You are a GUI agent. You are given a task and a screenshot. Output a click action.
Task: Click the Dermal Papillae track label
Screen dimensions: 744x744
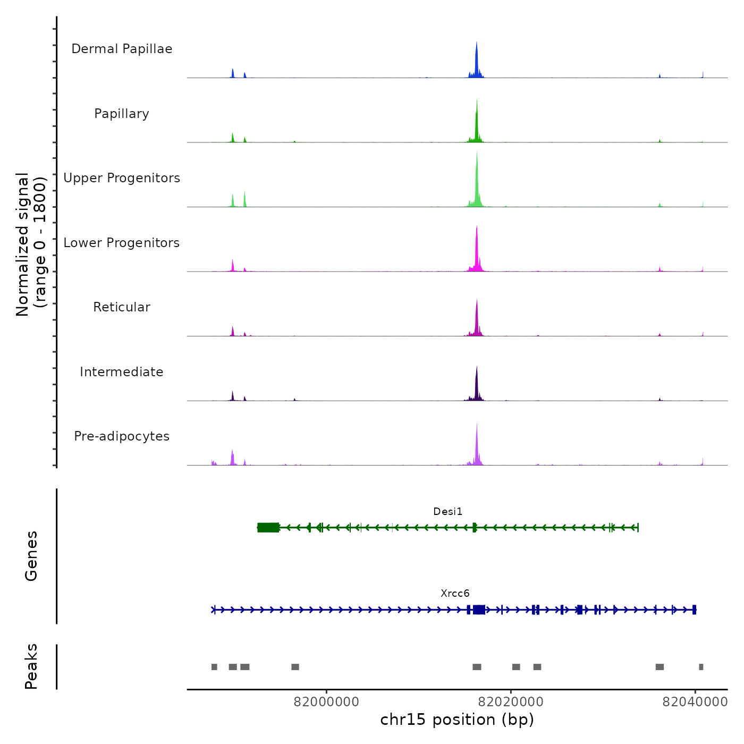(x=122, y=49)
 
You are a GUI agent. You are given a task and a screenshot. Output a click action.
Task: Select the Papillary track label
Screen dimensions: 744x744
(x=122, y=114)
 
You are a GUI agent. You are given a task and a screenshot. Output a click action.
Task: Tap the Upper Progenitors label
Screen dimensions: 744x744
(x=122, y=178)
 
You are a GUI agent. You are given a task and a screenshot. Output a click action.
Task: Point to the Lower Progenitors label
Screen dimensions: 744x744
(x=122, y=243)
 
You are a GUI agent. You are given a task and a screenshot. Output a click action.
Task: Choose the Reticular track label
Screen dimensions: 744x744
(x=122, y=307)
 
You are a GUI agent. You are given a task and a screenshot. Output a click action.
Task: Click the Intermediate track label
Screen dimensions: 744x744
(x=122, y=372)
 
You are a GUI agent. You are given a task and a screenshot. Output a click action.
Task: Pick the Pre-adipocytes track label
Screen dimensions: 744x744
(x=122, y=436)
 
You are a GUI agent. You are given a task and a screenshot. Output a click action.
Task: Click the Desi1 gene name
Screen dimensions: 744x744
(x=448, y=512)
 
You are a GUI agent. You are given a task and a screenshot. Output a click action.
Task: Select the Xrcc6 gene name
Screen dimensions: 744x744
(x=455, y=594)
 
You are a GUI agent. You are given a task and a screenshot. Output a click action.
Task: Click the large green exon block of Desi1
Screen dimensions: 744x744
(x=268, y=527)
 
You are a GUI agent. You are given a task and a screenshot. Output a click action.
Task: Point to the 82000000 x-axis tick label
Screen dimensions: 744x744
(x=326, y=702)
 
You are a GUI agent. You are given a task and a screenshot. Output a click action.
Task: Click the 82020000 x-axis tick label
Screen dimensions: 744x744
(x=511, y=702)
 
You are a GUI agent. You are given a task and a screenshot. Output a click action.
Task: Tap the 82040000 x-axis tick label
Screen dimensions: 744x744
(x=695, y=702)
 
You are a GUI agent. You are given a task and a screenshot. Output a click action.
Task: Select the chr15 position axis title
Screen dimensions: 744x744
(x=457, y=720)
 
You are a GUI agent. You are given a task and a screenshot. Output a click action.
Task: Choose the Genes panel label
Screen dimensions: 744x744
(x=31, y=556)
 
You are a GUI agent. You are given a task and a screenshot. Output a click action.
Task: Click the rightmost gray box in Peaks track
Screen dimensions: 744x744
(x=701, y=667)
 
